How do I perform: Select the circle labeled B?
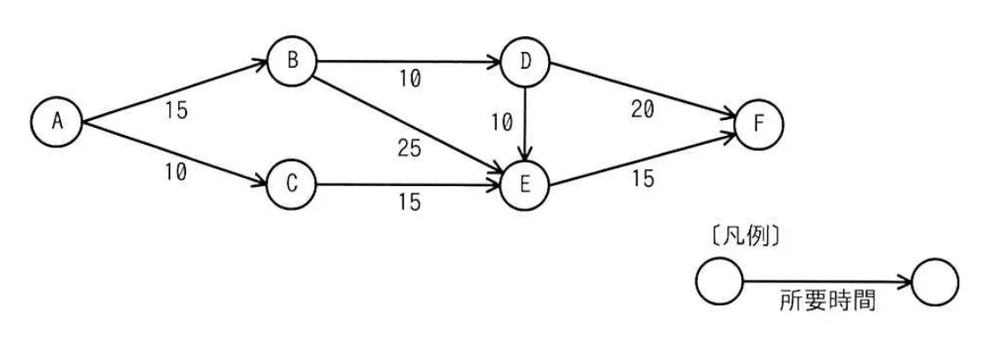point(292,61)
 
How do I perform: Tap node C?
point(292,185)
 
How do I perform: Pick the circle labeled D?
point(525,62)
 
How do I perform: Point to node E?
point(525,185)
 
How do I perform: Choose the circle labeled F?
point(759,124)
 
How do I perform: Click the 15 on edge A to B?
point(177,110)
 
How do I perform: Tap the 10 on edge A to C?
point(177,172)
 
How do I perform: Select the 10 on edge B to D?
point(409,79)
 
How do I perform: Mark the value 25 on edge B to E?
point(409,148)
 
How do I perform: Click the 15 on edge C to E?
point(409,202)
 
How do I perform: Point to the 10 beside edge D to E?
point(502,124)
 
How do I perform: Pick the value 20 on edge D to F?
point(642,109)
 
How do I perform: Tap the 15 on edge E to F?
point(642,179)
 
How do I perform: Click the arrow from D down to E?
point(525,123)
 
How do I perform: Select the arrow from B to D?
point(409,62)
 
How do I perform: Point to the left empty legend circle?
point(719,281)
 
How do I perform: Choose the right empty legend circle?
point(935,281)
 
